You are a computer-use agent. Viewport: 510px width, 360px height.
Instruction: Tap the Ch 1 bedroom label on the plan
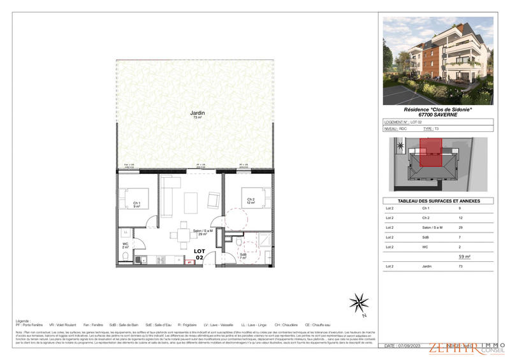tap(136, 205)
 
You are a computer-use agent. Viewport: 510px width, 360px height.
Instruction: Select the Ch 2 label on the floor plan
tap(251, 201)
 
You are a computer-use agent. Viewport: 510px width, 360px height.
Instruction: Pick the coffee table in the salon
tap(191, 203)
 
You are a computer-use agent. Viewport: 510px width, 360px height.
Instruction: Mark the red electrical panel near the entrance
tap(189, 262)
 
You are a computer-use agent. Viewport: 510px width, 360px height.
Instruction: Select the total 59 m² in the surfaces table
tap(464, 256)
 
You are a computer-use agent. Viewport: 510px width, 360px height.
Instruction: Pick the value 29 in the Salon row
tap(460, 227)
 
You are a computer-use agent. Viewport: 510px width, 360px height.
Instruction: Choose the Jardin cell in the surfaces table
tap(426, 266)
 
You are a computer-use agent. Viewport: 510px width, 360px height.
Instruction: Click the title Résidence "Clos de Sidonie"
tap(437, 109)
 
